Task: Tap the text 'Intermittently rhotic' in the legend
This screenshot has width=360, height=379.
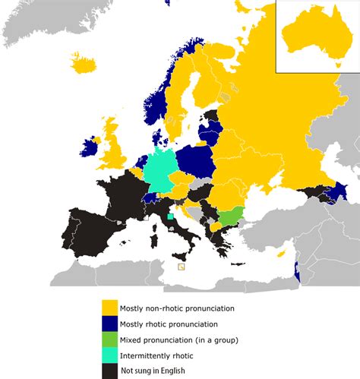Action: (156, 355)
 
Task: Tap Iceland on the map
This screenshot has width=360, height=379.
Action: (84, 62)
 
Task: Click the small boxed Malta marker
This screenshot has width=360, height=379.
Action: (181, 267)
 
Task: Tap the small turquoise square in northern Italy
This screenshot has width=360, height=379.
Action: (170, 216)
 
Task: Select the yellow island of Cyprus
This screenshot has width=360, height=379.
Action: (282, 254)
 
